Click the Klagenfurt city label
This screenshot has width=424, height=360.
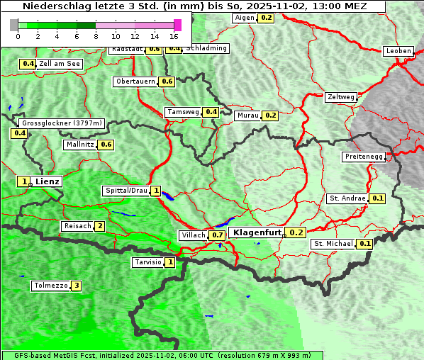coord(256,232)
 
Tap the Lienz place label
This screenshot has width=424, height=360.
coord(48,181)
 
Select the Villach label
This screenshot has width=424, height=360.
coord(194,235)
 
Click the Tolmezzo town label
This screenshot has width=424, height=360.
coord(50,286)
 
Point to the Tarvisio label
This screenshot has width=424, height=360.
coord(148,263)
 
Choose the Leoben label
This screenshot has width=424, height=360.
coord(397,51)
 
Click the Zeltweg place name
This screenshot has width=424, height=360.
coord(340,97)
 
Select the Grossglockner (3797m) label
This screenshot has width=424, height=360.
coord(62,123)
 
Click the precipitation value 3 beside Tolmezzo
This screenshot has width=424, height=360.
coord(76,286)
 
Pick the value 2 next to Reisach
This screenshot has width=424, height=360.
coord(100,227)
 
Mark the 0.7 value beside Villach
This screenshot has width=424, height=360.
coord(217,235)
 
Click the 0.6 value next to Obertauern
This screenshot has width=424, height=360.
coord(167,81)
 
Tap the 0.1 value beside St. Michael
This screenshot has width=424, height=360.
coord(364,244)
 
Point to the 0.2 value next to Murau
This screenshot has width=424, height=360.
coord(269,116)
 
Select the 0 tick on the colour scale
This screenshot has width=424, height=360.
coord(18,35)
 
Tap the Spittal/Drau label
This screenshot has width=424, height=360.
coord(125,191)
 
